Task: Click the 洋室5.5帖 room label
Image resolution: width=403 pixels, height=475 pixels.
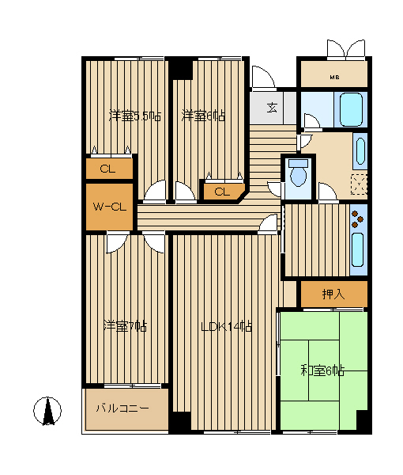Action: pyautogui.click(x=135, y=116)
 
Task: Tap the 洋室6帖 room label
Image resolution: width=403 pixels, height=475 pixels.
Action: pyautogui.click(x=203, y=116)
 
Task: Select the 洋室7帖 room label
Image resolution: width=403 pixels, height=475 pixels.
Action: pyautogui.click(x=125, y=326)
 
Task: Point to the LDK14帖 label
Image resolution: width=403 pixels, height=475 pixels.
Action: pyautogui.click(x=227, y=326)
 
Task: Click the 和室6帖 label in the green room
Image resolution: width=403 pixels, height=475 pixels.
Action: pyautogui.click(x=322, y=370)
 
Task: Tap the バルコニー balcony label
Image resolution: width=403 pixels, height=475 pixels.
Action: pyautogui.click(x=122, y=408)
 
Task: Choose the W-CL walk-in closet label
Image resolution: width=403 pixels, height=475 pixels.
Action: pyautogui.click(x=109, y=207)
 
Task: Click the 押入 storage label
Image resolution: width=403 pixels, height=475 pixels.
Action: pyautogui.click(x=333, y=294)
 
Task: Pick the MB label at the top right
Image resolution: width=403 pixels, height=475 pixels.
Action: pyautogui.click(x=334, y=78)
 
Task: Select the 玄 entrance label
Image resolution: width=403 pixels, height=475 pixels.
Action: pyautogui.click(x=272, y=108)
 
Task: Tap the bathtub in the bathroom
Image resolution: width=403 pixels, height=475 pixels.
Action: pyautogui.click(x=351, y=109)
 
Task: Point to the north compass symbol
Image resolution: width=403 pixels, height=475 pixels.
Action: pyautogui.click(x=47, y=411)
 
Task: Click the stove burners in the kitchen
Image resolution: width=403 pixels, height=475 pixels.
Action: pyautogui.click(x=357, y=219)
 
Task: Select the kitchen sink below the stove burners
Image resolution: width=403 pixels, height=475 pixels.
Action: pyautogui.click(x=357, y=249)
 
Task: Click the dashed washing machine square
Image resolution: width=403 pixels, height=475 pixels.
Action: pyautogui.click(x=360, y=184)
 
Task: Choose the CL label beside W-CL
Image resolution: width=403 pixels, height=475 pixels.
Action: pyautogui.click(x=107, y=169)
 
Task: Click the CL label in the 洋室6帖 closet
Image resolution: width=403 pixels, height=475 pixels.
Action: pyautogui.click(x=222, y=192)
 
